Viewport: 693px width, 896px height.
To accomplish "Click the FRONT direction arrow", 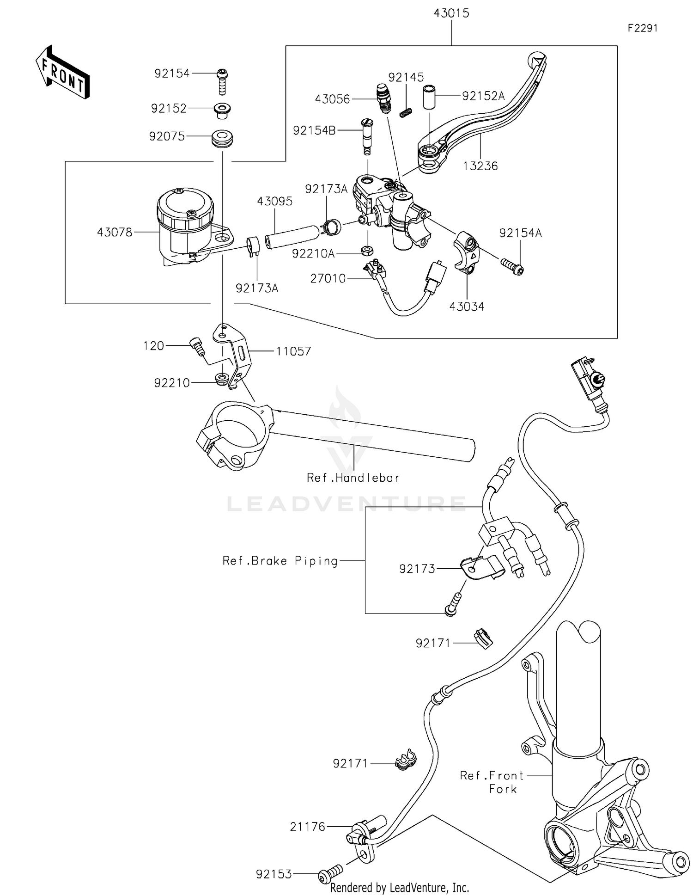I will (x=63, y=73).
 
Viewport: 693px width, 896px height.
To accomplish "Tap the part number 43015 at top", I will (x=451, y=13).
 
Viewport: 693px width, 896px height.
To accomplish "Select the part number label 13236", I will (x=480, y=166).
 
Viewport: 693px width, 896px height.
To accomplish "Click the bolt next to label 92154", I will (x=222, y=81).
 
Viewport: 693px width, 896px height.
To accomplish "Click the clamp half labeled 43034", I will (x=466, y=252).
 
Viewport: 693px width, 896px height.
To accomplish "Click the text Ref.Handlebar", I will (x=353, y=478).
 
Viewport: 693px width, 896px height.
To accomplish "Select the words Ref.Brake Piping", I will (x=280, y=561).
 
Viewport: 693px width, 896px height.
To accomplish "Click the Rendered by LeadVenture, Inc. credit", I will (x=399, y=888).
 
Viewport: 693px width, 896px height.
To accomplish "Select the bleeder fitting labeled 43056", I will (x=383, y=97).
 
